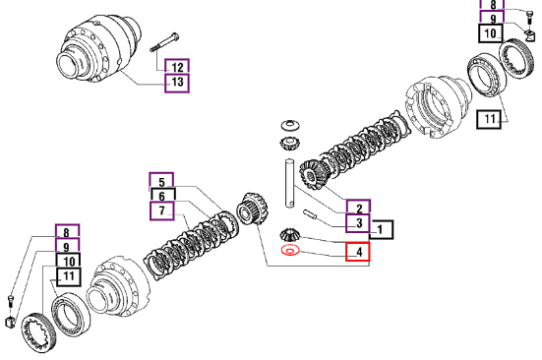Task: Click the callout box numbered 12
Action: (177, 67)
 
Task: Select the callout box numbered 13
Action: (177, 83)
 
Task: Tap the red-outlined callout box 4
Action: (358, 252)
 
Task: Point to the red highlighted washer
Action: (290, 250)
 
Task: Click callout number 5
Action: (161, 181)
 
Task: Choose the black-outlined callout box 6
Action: (163, 196)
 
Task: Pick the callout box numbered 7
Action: (161, 210)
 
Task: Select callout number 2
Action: (358, 208)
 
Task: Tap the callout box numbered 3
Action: (358, 223)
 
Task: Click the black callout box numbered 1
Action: (382, 230)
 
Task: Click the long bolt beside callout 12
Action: (164, 42)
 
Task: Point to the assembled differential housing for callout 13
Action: (99, 48)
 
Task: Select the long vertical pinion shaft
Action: (289, 183)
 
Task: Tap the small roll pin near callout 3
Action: (310, 214)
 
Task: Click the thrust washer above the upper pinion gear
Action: (291, 126)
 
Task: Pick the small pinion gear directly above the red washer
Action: (289, 235)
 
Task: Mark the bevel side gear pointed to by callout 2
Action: (312, 175)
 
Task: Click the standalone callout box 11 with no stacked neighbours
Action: (489, 119)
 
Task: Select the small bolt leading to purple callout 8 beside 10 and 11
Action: (11, 301)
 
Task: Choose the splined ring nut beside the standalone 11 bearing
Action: (517, 59)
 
